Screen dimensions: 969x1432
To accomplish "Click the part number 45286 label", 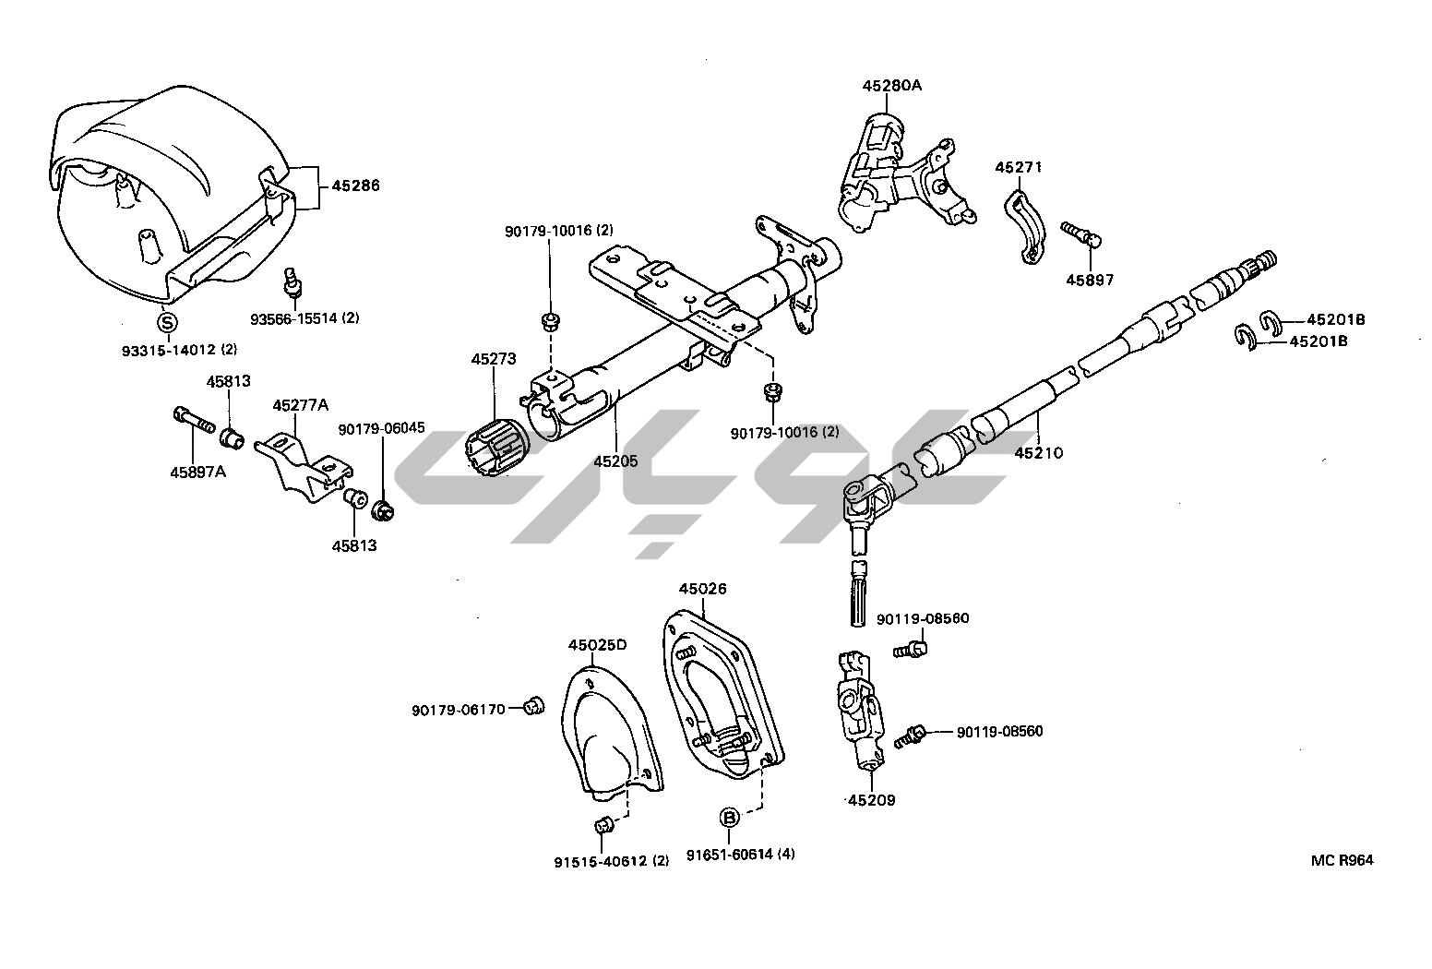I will coord(355,185).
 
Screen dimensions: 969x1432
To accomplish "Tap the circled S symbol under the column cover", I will coord(167,323).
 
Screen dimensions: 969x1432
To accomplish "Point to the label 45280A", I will coord(892,86).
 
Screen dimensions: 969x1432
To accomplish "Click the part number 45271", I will coord(1018,167).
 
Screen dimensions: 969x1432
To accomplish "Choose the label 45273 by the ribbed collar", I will coord(494,359).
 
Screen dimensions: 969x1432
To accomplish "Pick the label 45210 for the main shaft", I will coord(1038,452).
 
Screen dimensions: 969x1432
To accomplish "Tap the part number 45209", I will coord(871,800).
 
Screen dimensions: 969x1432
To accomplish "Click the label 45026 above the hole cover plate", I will coord(702,589).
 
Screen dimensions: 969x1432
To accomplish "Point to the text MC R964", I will coord(1342,860).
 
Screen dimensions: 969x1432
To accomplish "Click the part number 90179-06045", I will coord(381,428).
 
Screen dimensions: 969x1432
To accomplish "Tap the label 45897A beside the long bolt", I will coord(197,472).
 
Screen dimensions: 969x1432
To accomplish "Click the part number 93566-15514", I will coord(304,318).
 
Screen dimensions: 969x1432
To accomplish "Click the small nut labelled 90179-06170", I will coord(531,708).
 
